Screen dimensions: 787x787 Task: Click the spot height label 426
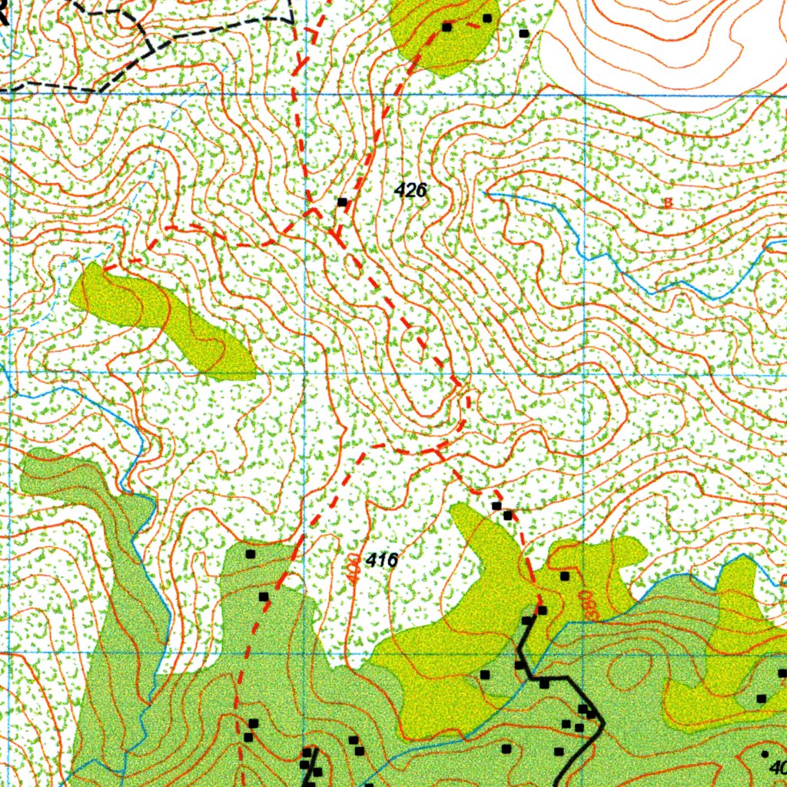(410, 190)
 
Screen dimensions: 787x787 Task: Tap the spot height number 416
(382, 560)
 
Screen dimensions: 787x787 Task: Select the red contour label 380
(587, 605)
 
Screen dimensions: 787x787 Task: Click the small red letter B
(668, 203)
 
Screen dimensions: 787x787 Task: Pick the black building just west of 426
(342, 202)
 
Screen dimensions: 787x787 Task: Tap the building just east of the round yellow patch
(524, 33)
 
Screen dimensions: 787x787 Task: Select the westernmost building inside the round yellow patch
(447, 27)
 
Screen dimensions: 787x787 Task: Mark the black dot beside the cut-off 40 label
(765, 754)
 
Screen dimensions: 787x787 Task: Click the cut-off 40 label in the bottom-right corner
(778, 767)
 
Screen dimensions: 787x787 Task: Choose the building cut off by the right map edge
(782, 673)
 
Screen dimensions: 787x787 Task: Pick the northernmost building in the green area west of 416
(250, 553)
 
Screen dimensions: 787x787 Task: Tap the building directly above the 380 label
(564, 576)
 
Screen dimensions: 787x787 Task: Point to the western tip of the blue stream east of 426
(487, 194)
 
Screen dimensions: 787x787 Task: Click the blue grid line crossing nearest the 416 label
(305, 652)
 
